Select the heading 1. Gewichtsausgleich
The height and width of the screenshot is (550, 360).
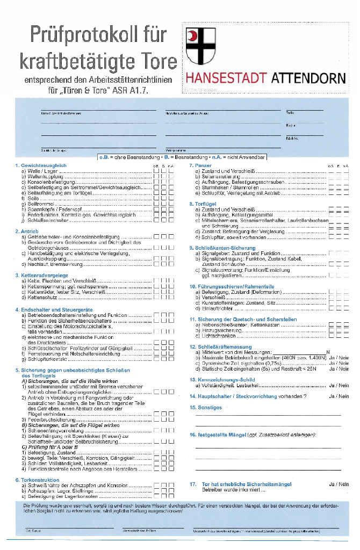[41, 165]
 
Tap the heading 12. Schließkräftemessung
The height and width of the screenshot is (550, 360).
[221, 347]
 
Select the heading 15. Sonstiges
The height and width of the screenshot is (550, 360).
[206, 408]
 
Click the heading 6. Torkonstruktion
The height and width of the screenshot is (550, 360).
[37, 480]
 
